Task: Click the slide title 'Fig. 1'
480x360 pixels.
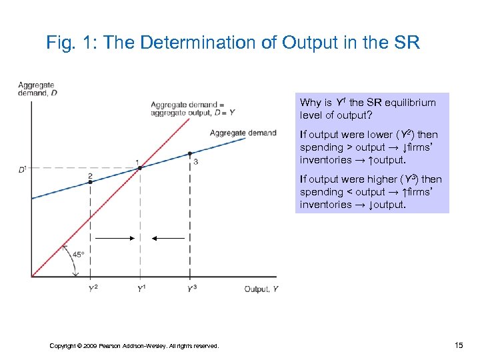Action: (x=233, y=43)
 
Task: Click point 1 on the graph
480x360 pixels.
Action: (x=140, y=168)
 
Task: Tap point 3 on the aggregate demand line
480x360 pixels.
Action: (x=190, y=153)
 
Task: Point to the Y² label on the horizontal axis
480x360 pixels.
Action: (x=92, y=288)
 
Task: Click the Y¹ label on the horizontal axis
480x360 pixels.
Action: (x=141, y=288)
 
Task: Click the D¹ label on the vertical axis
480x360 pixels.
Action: (x=23, y=169)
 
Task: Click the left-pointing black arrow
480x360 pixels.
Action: (x=168, y=237)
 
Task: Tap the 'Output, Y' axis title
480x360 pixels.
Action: (x=261, y=288)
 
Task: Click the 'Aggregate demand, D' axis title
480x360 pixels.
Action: (x=37, y=89)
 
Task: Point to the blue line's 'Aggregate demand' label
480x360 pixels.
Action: (x=243, y=133)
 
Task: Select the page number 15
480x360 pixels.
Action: (x=458, y=345)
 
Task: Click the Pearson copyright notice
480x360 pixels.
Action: (x=134, y=345)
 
